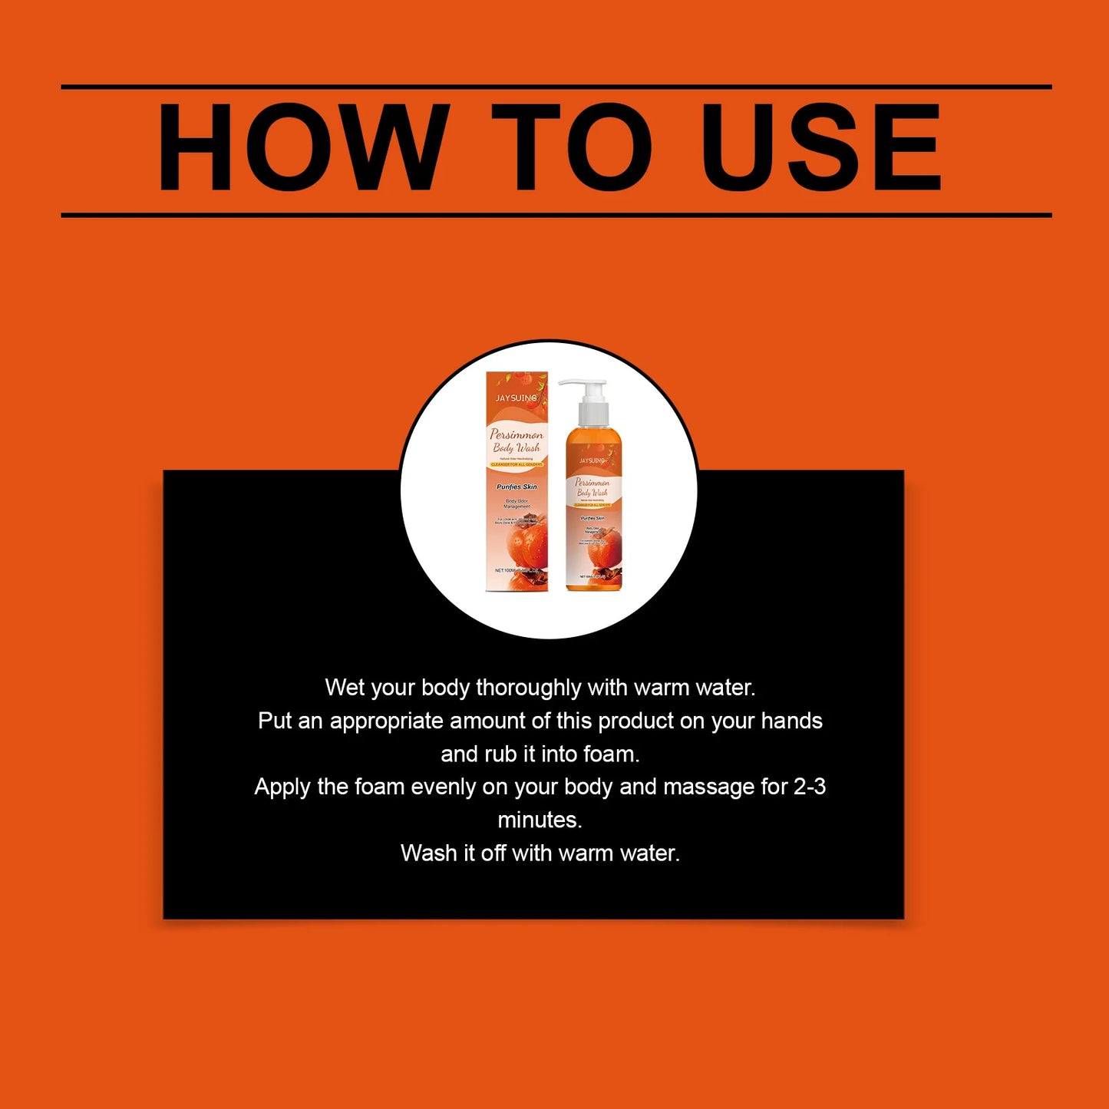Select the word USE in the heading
pyautogui.click(x=821, y=147)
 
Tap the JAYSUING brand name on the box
pyautogui.click(x=516, y=398)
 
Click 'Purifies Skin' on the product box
pyautogui.click(x=517, y=487)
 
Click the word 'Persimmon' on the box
pyautogui.click(x=517, y=434)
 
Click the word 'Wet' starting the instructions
pyautogui.click(x=344, y=688)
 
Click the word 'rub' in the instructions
pyautogui.click(x=501, y=754)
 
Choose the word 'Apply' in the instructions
pyautogui.click(x=282, y=787)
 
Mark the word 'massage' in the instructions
pyautogui.click(x=708, y=787)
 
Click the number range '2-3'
pyautogui.click(x=809, y=787)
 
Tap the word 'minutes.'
pyautogui.click(x=540, y=820)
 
